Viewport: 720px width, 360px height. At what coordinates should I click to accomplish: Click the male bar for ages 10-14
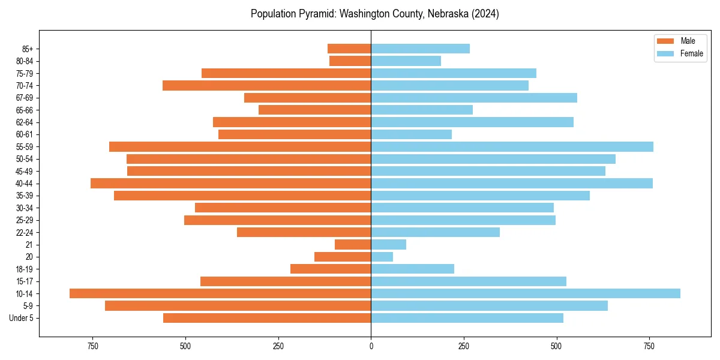(x=220, y=293)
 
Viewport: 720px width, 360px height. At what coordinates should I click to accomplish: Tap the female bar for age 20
(x=382, y=257)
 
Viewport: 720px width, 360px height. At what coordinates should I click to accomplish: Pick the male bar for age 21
(x=353, y=245)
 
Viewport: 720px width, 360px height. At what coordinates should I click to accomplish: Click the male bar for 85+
(x=349, y=49)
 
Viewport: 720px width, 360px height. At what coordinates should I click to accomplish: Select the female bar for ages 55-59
(x=512, y=147)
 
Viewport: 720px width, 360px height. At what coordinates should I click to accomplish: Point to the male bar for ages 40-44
(x=231, y=184)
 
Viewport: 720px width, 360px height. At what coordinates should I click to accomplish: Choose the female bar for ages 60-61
(x=412, y=134)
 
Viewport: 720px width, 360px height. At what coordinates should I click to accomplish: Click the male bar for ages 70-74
(x=267, y=86)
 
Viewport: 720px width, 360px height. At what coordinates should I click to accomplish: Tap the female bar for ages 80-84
(x=406, y=61)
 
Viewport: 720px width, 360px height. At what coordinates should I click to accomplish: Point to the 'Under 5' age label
(x=21, y=318)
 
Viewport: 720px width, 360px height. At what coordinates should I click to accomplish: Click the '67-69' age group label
(x=25, y=98)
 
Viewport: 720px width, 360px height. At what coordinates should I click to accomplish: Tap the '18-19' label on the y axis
(x=25, y=269)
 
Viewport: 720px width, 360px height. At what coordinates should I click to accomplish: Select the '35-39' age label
(x=25, y=196)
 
